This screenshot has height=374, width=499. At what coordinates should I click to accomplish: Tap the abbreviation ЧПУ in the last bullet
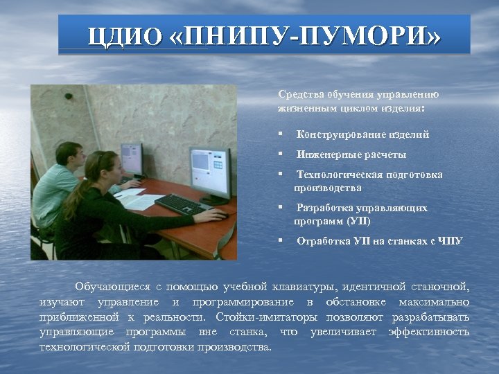450,241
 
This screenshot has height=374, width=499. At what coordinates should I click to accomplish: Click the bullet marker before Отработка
280,240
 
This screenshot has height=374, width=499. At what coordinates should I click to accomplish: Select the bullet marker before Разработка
280,207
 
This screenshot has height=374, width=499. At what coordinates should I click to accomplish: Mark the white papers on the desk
139,200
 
